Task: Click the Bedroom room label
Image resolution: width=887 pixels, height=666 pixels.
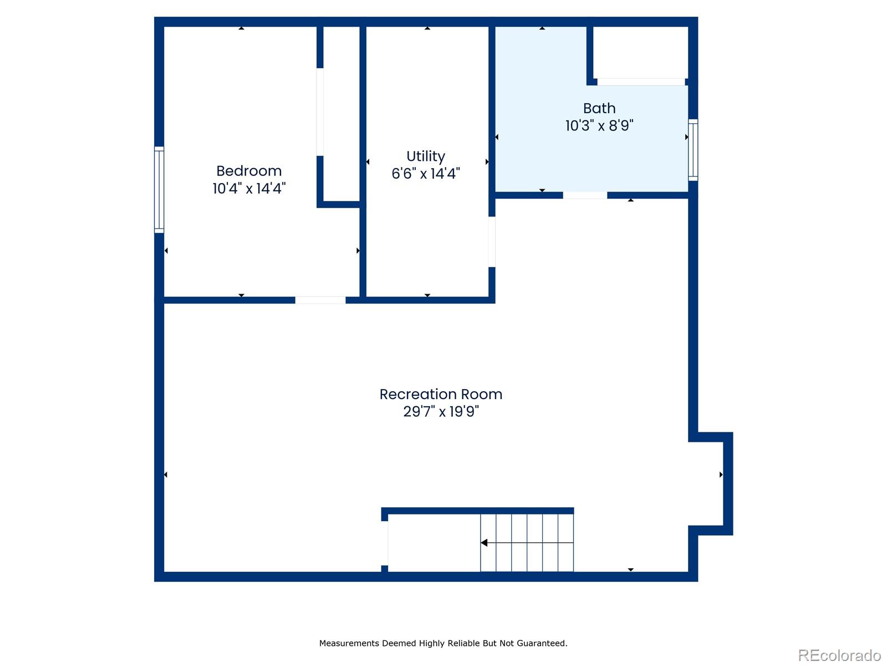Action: [249, 171]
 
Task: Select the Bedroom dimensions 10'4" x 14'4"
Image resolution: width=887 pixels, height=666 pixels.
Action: [249, 189]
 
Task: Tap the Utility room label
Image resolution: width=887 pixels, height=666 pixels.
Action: [426, 156]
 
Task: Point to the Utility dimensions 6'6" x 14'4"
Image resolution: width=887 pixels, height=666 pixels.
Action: [426, 174]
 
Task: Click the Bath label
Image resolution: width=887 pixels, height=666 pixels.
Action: [599, 108]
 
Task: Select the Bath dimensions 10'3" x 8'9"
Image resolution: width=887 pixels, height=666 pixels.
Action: [599, 126]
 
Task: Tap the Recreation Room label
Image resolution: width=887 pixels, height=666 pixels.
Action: [441, 394]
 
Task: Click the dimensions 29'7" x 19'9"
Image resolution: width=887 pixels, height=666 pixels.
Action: [441, 412]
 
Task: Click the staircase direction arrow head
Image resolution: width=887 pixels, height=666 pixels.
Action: [484, 543]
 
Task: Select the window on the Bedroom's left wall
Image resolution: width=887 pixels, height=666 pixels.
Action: [159, 189]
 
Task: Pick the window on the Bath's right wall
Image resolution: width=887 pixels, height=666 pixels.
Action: [693, 150]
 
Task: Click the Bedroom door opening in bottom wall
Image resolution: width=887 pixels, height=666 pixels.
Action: [320, 300]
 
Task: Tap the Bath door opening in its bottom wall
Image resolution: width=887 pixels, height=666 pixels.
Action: [585, 195]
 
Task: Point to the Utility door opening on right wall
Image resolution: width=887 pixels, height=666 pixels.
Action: [492, 241]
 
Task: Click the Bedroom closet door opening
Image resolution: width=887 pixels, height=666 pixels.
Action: [320, 112]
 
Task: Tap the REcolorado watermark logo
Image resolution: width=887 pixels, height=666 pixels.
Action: [839, 655]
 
